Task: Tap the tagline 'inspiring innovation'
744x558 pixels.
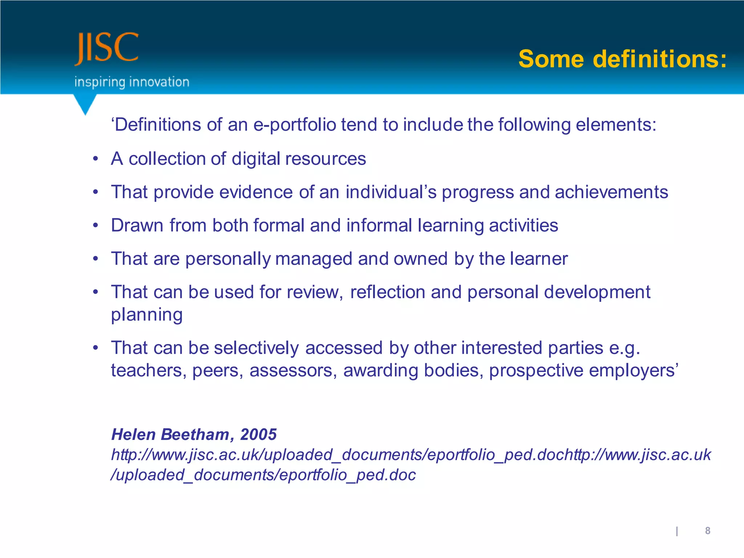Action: click(x=132, y=82)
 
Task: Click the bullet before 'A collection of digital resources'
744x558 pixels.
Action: click(x=96, y=159)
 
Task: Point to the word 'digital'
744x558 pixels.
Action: click(x=256, y=159)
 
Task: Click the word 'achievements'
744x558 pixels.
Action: click(x=611, y=192)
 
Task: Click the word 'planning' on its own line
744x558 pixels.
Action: click(x=147, y=315)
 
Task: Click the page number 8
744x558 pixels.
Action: click(x=707, y=531)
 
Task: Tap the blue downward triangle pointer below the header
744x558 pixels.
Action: click(x=85, y=104)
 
